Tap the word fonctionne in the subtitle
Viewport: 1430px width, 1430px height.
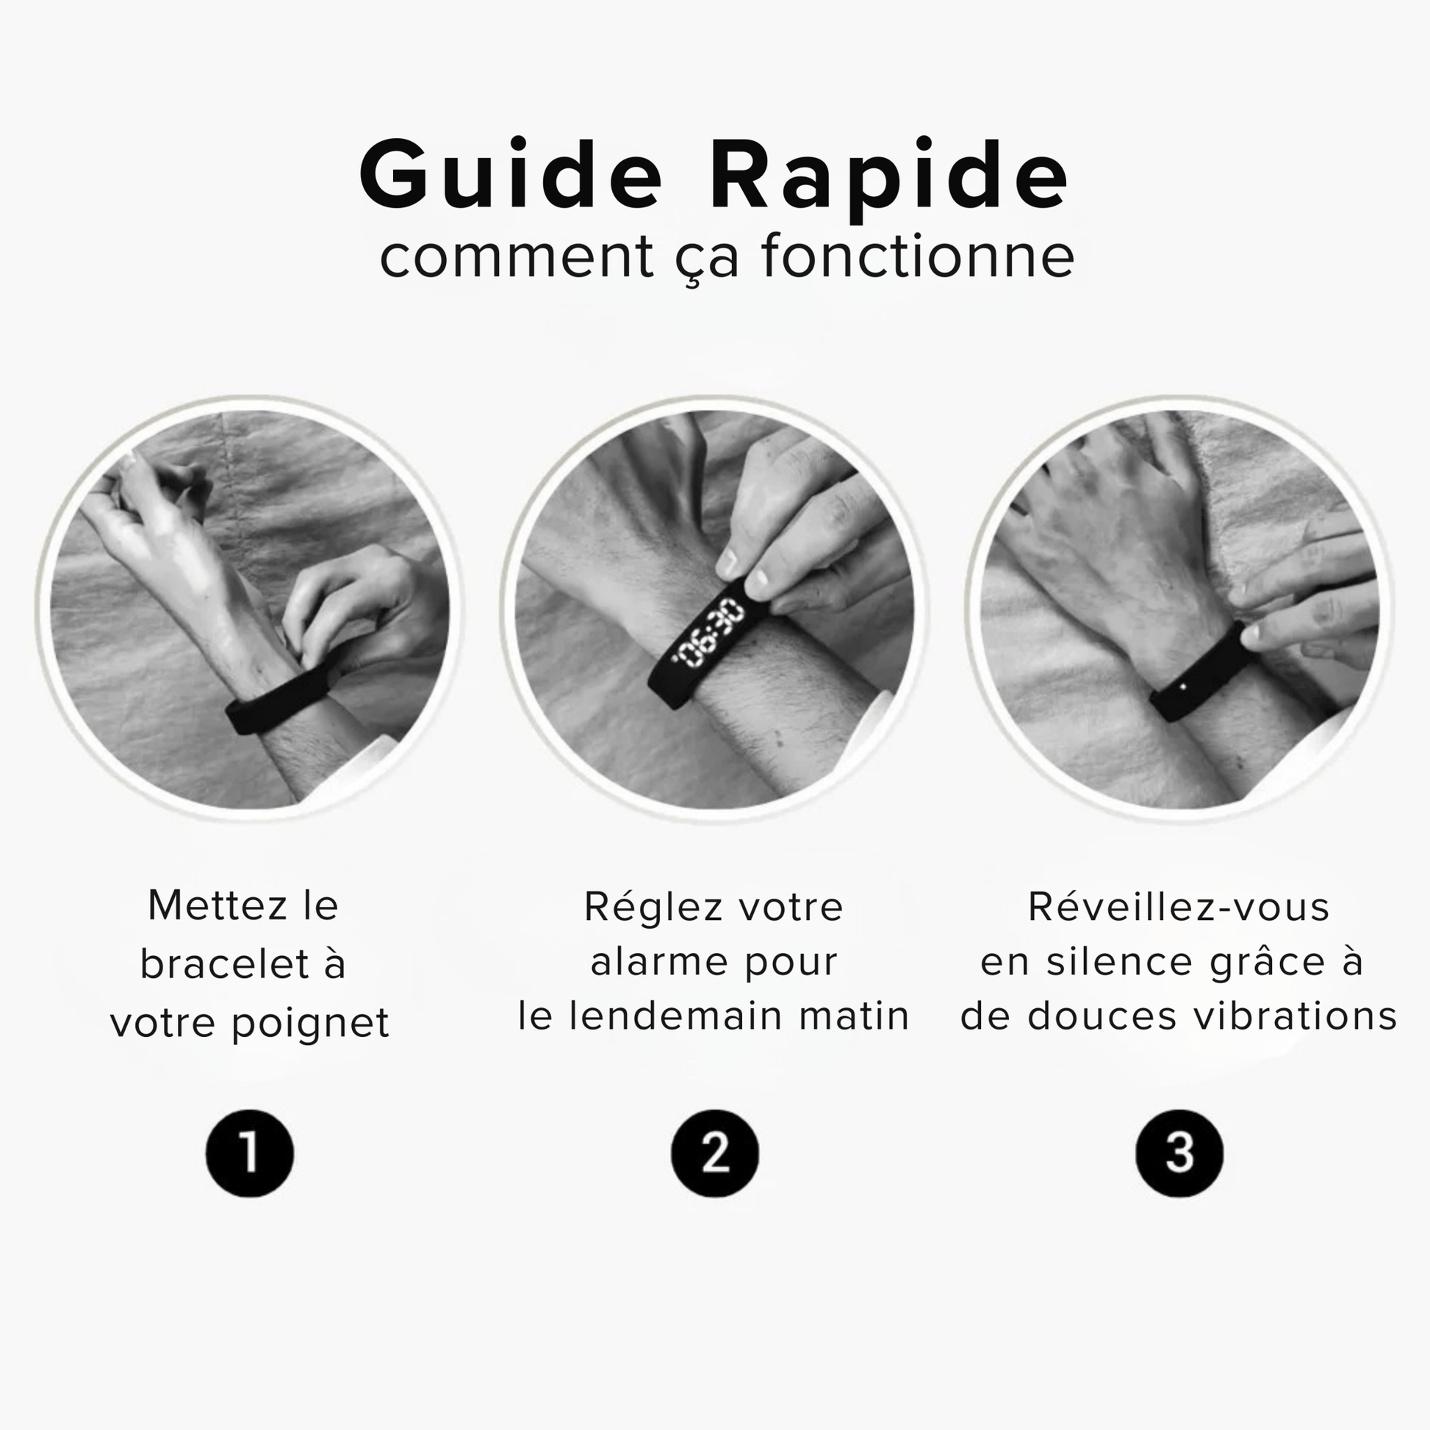pyautogui.click(x=918, y=256)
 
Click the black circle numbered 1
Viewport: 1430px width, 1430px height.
pyautogui.click(x=249, y=1153)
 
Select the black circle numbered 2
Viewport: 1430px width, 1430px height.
pyautogui.click(x=714, y=1153)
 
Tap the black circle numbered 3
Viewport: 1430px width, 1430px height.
pyautogui.click(x=1179, y=1153)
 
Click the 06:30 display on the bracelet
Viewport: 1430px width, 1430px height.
pyautogui.click(x=708, y=634)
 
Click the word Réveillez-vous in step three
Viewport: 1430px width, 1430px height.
pyautogui.click(x=1179, y=905)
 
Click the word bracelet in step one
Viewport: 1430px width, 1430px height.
pyautogui.click(x=225, y=963)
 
